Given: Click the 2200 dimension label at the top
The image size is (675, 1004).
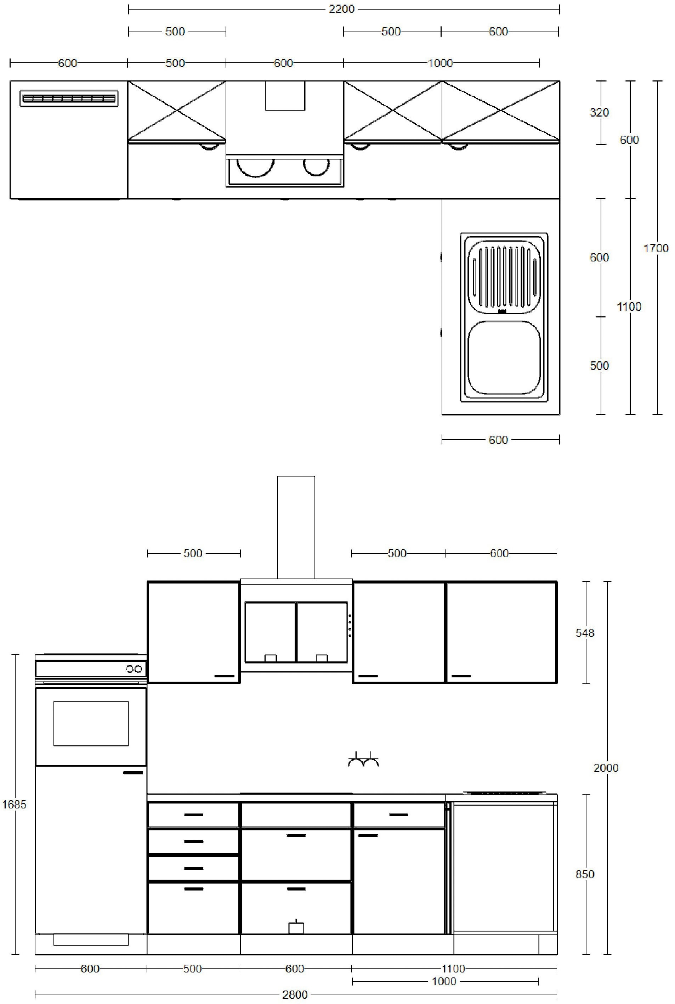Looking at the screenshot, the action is (x=341, y=9).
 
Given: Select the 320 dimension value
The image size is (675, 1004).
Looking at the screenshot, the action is (x=599, y=112).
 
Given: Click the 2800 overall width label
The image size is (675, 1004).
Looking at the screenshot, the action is (x=295, y=994).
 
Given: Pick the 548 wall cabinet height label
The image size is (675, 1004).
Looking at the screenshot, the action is (x=585, y=633).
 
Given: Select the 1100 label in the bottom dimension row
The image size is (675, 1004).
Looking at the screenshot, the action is (x=453, y=969).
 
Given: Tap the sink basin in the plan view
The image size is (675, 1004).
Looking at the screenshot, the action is (x=504, y=358).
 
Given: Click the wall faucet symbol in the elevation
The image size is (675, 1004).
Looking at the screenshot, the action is (x=363, y=760).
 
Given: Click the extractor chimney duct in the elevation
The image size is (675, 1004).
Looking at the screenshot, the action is (x=296, y=528).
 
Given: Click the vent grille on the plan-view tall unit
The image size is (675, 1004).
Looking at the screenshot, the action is (x=69, y=98).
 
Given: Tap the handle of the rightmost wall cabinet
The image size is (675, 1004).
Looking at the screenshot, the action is (x=461, y=676).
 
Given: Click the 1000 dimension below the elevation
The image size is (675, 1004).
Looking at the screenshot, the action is (x=444, y=981).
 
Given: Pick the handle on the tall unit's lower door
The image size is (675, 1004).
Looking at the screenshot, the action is (x=133, y=772).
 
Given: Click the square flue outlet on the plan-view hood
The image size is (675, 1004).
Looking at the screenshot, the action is (x=284, y=96).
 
